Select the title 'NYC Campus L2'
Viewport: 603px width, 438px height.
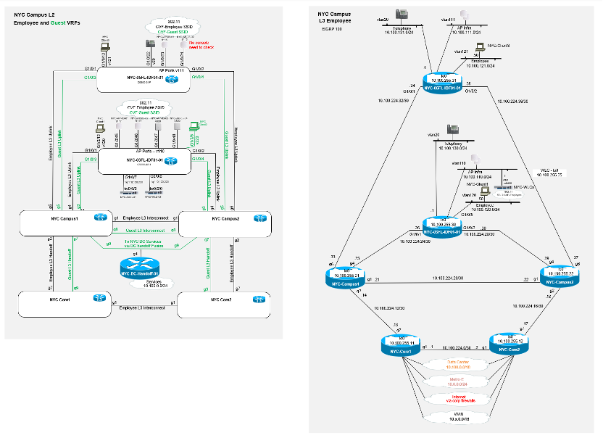click(x=35, y=15)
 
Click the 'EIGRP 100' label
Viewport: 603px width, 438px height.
click(x=330, y=29)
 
